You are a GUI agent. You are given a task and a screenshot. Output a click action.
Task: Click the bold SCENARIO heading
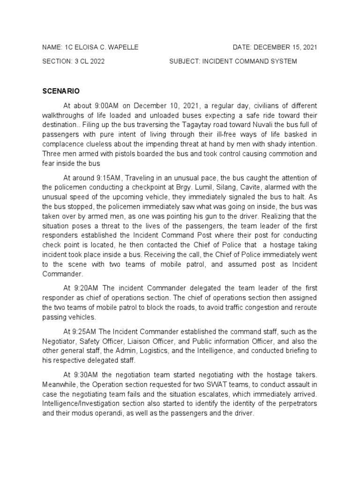[61, 90]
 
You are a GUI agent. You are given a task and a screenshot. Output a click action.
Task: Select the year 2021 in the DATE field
[309, 47]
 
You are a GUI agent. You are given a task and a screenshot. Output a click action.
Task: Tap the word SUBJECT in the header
[184, 61]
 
